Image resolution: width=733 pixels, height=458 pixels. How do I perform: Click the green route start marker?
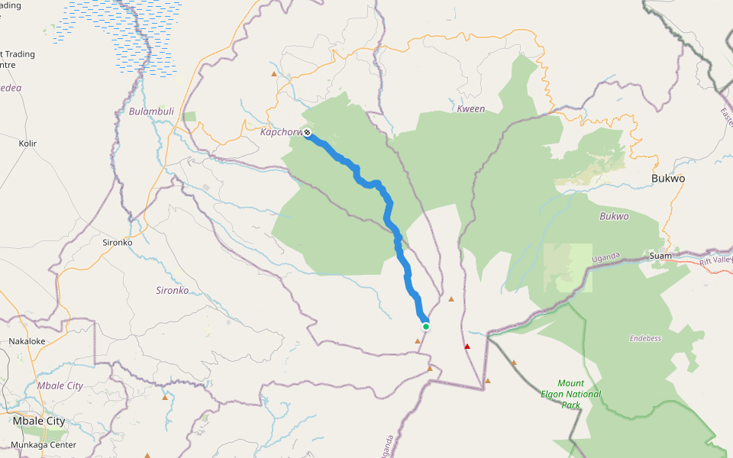pyautogui.click(x=426, y=327)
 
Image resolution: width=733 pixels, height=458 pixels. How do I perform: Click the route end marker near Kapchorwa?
pyautogui.click(x=307, y=134)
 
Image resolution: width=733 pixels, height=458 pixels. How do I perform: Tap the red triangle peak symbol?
pyautogui.click(x=467, y=347)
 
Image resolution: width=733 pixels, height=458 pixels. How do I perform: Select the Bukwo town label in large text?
pyautogui.click(x=668, y=179)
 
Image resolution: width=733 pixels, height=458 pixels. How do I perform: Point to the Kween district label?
pyautogui.click(x=470, y=109)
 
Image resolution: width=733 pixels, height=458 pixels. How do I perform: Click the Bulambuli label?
pyautogui.click(x=151, y=111)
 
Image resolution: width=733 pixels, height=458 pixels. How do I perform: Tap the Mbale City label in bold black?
pyautogui.click(x=38, y=421)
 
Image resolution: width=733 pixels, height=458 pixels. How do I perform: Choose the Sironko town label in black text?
pyautogui.click(x=117, y=243)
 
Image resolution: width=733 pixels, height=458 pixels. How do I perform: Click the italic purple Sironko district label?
pyautogui.click(x=172, y=291)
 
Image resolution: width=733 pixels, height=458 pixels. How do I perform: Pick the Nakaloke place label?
pyautogui.click(x=27, y=341)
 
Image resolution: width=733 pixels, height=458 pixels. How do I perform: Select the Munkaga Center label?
pyautogui.click(x=44, y=444)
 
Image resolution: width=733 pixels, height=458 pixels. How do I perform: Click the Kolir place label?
pyautogui.click(x=27, y=144)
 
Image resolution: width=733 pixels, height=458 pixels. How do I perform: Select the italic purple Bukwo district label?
pyautogui.click(x=614, y=217)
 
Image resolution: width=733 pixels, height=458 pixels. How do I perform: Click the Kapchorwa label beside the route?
pyautogui.click(x=281, y=132)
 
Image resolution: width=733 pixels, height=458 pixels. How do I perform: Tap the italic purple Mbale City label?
pyautogui.click(x=60, y=386)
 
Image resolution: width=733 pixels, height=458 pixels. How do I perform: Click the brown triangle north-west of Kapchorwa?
pyautogui.click(x=274, y=74)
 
